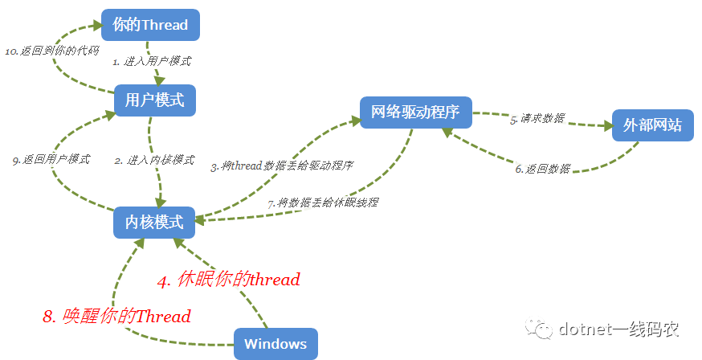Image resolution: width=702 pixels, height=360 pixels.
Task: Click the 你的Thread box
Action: click(150, 25)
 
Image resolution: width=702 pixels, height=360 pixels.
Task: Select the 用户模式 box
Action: click(154, 100)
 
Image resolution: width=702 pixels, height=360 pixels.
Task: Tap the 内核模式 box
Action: click(154, 222)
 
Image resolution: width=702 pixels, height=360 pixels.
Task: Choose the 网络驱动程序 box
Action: click(416, 112)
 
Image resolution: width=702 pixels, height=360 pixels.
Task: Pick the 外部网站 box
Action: click(653, 125)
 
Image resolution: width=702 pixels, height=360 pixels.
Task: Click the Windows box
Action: click(275, 344)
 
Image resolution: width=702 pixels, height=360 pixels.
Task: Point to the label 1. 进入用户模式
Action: click(153, 61)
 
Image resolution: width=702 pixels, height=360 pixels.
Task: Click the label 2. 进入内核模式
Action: click(154, 160)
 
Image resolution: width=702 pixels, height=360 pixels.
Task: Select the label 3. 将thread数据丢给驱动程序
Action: click(282, 166)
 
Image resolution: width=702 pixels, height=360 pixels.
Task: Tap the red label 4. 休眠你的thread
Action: click(229, 280)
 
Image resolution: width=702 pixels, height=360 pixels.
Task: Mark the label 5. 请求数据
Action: click(537, 119)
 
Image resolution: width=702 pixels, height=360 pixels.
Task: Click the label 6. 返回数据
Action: click(543, 169)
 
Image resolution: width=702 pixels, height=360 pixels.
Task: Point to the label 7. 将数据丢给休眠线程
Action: click(323, 202)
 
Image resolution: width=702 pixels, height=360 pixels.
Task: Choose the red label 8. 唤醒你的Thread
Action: click(116, 316)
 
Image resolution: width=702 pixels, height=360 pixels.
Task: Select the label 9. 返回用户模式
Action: click(51, 159)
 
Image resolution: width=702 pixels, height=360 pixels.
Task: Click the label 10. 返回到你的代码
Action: click(52, 51)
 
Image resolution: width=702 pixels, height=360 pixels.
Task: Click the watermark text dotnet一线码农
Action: click(618, 329)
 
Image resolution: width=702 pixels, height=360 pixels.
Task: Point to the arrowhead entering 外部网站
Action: click(608, 126)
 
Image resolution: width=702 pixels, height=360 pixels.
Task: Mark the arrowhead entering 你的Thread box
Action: click(97, 25)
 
